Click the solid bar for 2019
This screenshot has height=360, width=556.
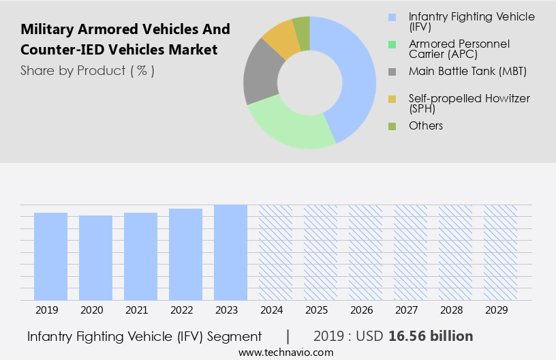pos(51,256)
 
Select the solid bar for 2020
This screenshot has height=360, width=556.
pos(96,258)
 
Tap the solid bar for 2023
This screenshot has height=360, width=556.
pos(230,252)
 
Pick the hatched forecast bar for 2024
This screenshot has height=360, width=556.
pos(275,252)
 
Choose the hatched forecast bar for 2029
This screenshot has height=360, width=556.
pos(500,252)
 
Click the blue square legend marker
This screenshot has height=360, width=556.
pos(391,16)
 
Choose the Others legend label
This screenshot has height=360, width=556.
pos(425,125)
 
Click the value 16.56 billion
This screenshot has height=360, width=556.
pos(431,336)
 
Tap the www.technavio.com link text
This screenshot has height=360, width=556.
pos(285,352)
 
